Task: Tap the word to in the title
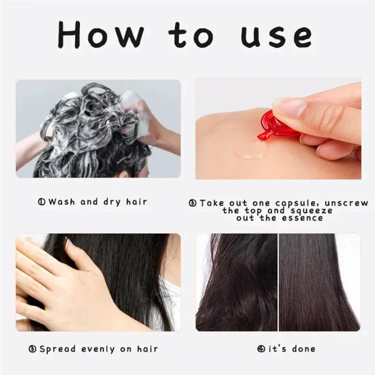point(193,35)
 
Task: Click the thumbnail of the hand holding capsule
point(278,128)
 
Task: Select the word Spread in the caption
point(55,349)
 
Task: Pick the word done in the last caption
point(303,349)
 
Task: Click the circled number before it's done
point(261,349)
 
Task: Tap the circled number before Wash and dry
point(42,202)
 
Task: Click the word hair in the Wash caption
point(136,202)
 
